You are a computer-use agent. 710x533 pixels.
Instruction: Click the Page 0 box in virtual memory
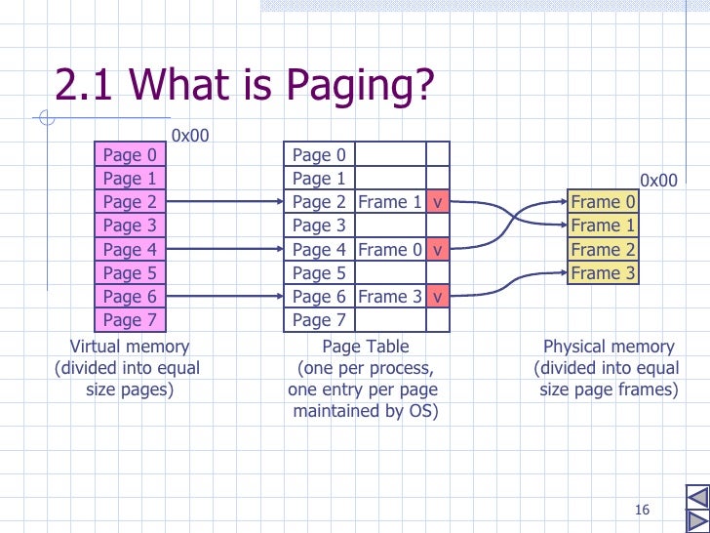click(130, 154)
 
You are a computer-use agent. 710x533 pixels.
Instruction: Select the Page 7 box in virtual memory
click(130, 320)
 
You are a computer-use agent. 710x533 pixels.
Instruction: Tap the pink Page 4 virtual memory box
click(130, 249)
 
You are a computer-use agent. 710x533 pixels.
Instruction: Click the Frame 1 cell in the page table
click(389, 202)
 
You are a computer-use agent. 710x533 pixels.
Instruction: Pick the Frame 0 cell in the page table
click(389, 249)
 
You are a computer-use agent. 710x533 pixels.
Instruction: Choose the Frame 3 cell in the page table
click(389, 297)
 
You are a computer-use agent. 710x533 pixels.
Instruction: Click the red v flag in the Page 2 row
click(438, 202)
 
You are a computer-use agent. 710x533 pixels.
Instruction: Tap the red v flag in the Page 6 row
click(438, 297)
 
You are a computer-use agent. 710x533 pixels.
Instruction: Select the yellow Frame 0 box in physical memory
click(603, 202)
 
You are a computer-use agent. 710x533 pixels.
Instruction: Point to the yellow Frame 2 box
click(603, 249)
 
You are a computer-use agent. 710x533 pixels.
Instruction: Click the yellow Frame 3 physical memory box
click(603, 273)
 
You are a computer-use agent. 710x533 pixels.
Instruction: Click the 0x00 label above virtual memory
click(190, 136)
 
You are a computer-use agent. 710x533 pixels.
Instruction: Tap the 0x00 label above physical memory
click(658, 181)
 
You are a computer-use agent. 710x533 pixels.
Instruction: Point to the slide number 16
click(641, 510)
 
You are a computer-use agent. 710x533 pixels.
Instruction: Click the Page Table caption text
click(365, 347)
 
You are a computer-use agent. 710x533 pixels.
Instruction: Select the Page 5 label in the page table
click(319, 273)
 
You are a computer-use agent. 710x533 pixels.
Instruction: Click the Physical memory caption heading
click(608, 347)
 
